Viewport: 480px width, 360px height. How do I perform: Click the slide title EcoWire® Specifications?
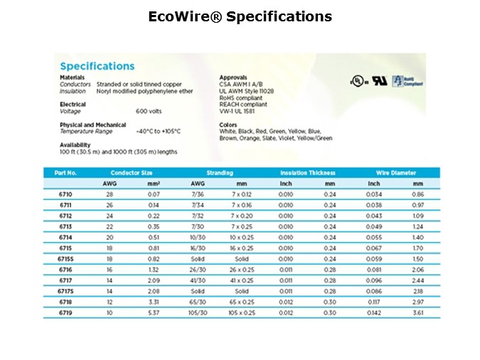[240, 16]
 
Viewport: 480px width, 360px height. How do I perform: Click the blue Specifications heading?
[97, 66]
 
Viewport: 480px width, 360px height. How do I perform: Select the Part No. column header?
[65, 173]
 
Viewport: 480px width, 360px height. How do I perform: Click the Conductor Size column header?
[131, 173]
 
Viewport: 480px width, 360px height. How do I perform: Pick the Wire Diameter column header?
[396, 173]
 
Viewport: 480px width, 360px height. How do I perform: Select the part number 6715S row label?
[65, 260]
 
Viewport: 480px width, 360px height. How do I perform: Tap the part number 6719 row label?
[65, 314]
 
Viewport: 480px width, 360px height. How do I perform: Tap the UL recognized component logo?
[380, 81]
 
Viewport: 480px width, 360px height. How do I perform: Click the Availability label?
[75, 144]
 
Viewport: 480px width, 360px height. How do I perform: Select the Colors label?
[228, 125]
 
